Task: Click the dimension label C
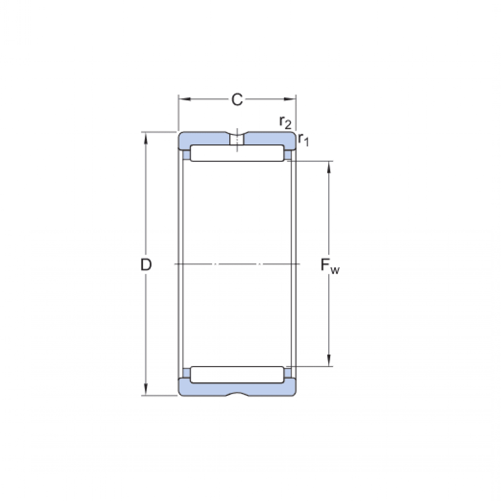[x=237, y=100]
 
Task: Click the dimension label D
[x=145, y=265]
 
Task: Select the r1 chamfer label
[x=304, y=140]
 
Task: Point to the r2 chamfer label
[x=285, y=122]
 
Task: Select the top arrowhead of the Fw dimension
[x=330, y=166]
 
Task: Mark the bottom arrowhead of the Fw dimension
[x=330, y=361]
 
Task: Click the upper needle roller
[x=237, y=153]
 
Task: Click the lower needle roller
[x=237, y=374]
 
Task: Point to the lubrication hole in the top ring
[x=237, y=139]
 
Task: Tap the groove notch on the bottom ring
[x=237, y=394]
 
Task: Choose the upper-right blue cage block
[x=288, y=155]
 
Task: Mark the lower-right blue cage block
[x=288, y=372]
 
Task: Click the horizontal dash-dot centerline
[x=237, y=264]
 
